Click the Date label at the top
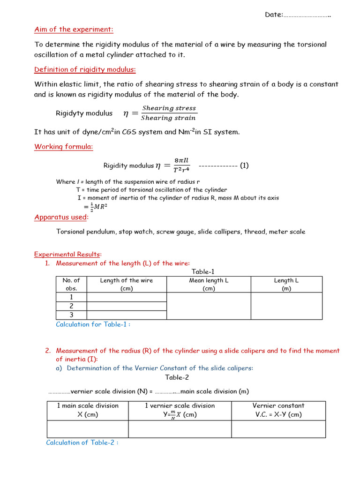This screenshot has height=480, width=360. tap(274, 15)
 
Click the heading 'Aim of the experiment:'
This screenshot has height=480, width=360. tap(74, 30)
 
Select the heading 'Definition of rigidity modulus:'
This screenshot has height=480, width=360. tap(85, 70)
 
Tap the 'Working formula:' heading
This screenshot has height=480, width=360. tap(63, 147)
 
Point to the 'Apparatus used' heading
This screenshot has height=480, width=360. tap(60, 217)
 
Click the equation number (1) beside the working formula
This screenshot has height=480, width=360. tap(244, 165)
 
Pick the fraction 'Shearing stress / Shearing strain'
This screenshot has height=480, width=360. tap(169, 113)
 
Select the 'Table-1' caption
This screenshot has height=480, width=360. tap(203, 272)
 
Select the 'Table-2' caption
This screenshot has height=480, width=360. tap(177, 377)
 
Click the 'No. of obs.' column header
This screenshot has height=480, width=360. tap(71, 285)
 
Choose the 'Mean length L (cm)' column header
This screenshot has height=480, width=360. tap(209, 285)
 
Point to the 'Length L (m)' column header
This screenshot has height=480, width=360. tap(286, 285)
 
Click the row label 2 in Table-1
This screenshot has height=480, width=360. tap(71, 306)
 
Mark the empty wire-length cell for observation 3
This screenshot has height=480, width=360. tap(127, 315)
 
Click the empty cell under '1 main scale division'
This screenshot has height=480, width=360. tap(88, 429)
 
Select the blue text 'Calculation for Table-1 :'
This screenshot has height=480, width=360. tap(93, 324)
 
